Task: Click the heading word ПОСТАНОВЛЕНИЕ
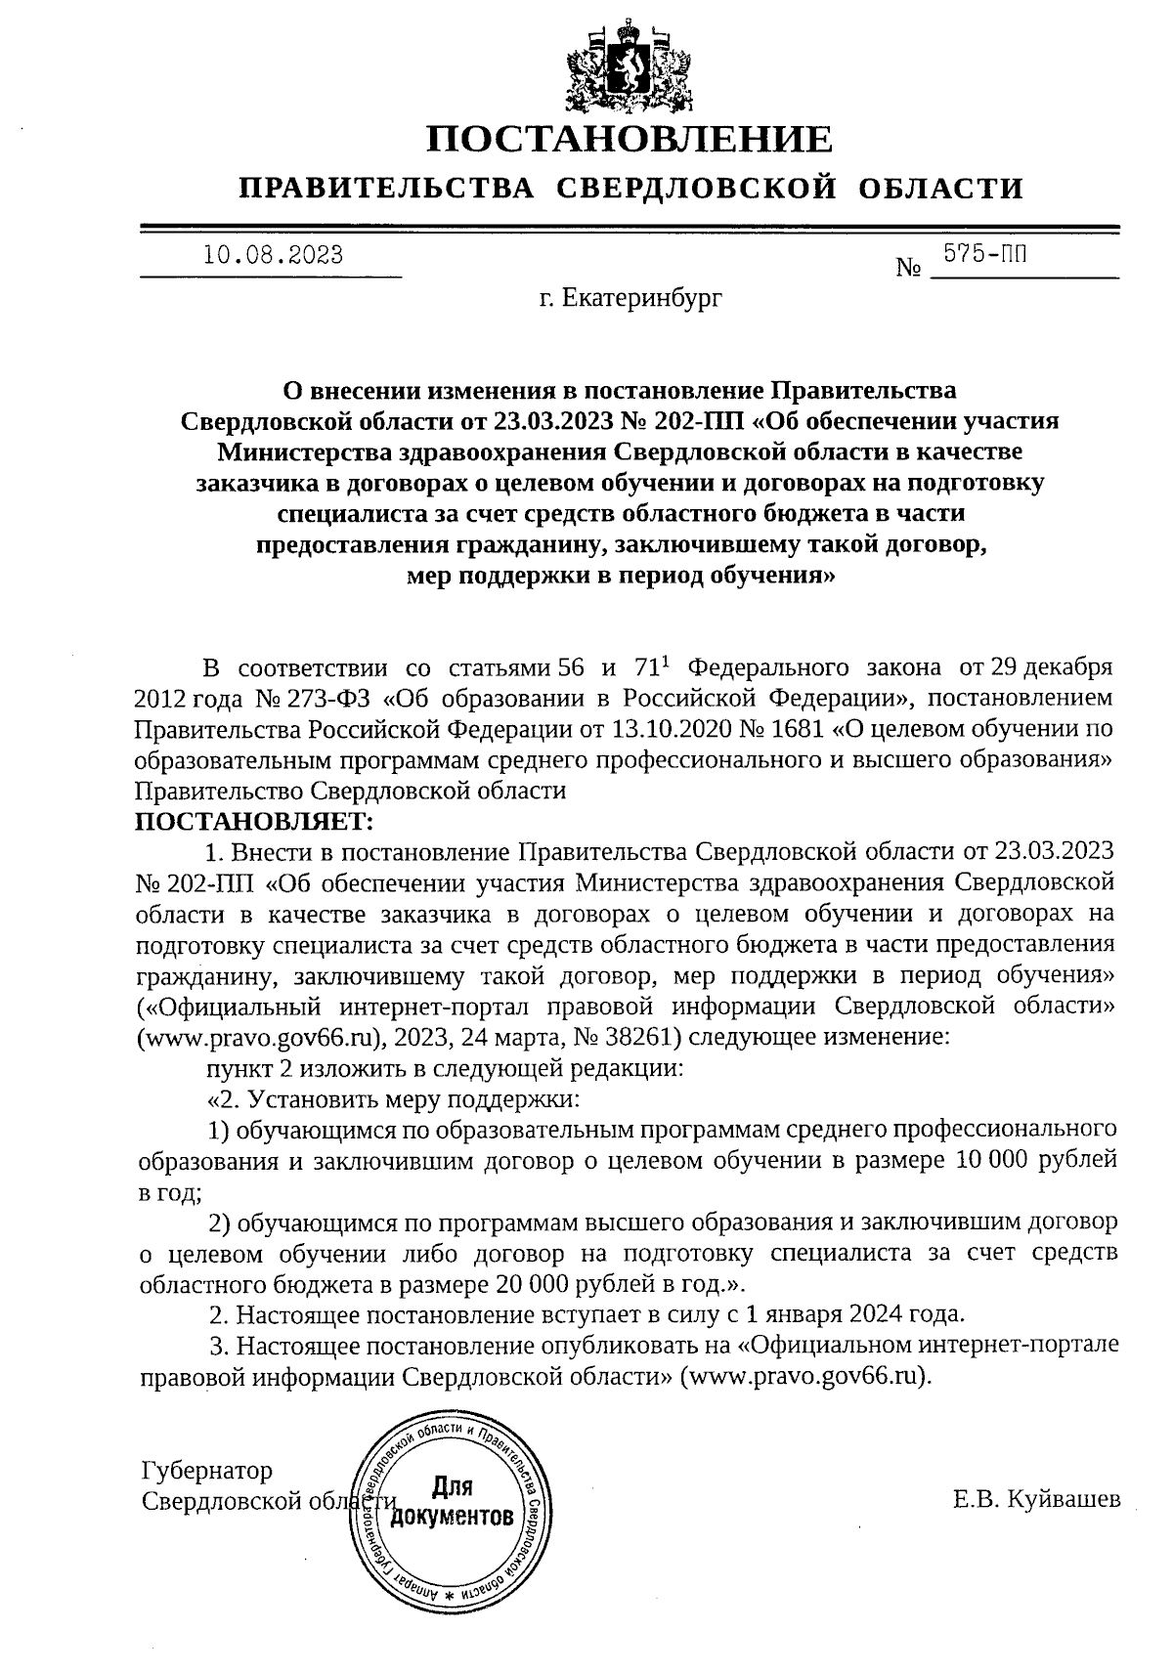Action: pyautogui.click(x=630, y=139)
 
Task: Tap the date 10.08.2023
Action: pyautogui.click(x=273, y=255)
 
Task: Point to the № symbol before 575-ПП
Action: pyautogui.click(x=909, y=266)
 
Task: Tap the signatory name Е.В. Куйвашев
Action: pyautogui.click(x=1037, y=1499)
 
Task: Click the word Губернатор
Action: pyautogui.click(x=207, y=1471)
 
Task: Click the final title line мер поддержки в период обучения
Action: pyautogui.click(x=621, y=576)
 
